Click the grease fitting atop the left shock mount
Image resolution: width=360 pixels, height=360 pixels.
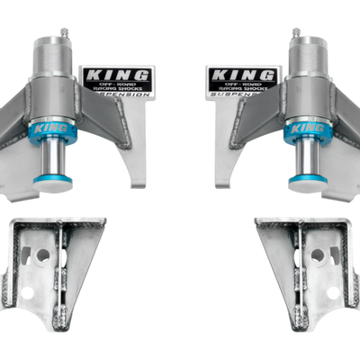click(65, 35)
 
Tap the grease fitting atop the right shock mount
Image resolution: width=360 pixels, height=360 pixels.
click(294, 35)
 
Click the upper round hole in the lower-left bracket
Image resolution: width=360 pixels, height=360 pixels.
click(42, 255)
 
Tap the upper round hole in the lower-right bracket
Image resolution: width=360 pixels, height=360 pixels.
click(317, 255)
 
